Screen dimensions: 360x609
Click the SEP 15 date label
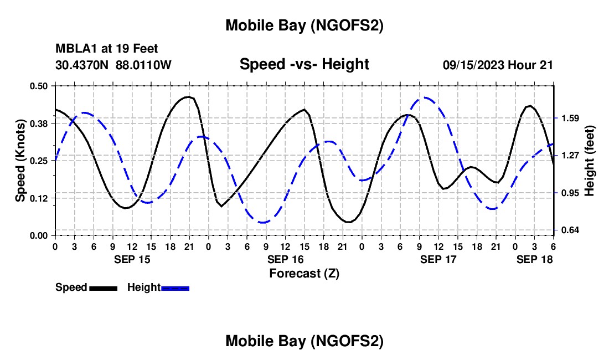tap(132, 259)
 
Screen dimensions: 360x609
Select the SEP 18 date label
tap(534, 259)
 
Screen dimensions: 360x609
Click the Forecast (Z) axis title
tap(304, 273)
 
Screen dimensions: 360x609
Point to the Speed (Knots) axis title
tap(20, 161)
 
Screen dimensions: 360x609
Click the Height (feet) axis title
tap(589, 161)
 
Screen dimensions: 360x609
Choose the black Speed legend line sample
tap(103, 288)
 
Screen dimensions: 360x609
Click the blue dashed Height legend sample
tap(175, 288)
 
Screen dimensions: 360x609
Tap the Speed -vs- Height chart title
tap(304, 65)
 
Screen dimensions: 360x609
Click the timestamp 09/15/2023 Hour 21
tap(498, 65)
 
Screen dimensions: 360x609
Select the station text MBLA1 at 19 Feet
tap(107, 49)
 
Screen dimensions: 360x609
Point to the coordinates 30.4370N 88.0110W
tap(113, 65)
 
